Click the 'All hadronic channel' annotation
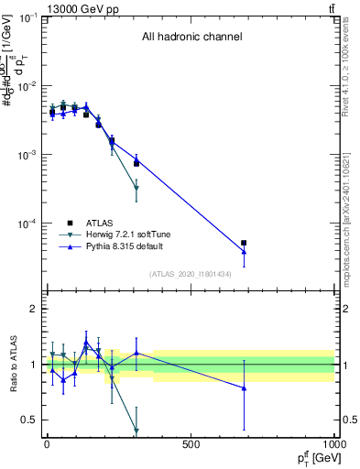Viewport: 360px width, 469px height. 191,38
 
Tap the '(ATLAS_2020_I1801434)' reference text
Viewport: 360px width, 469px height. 190,274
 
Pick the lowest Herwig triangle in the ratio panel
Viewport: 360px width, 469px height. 136,431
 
